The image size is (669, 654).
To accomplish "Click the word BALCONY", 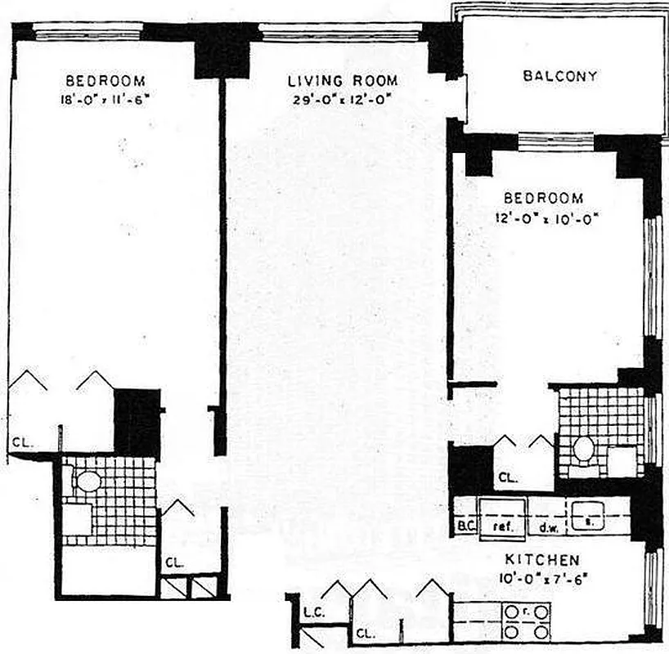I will pyautogui.click(x=559, y=77).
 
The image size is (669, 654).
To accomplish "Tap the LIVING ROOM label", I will pyautogui.click(x=343, y=81).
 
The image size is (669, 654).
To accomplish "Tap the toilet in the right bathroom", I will pyautogui.click(x=582, y=448).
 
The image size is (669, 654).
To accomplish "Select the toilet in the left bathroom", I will pyautogui.click(x=88, y=479).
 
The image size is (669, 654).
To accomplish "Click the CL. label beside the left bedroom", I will pyautogui.click(x=21, y=443).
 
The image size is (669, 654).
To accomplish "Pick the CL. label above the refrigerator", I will pyautogui.click(x=508, y=477).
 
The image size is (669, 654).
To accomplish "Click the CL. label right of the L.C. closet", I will pyautogui.click(x=366, y=632).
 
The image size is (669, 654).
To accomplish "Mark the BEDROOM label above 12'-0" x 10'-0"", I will pyautogui.click(x=544, y=199).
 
